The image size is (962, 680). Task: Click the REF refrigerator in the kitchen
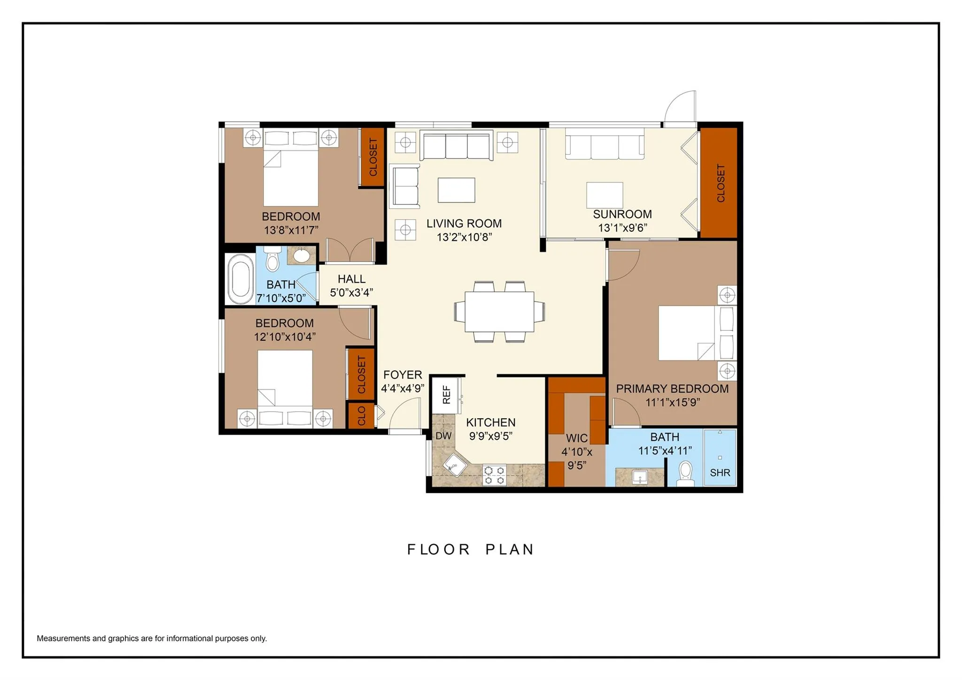[x=446, y=395]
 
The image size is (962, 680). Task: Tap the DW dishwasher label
[x=443, y=436]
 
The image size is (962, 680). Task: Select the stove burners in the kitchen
[x=495, y=475]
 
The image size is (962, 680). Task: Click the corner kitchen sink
[x=455, y=465]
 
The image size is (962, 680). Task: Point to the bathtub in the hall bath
[x=240, y=279]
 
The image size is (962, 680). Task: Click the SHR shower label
[x=720, y=473]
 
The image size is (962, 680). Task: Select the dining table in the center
[x=499, y=312]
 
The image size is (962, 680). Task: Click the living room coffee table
[x=456, y=190]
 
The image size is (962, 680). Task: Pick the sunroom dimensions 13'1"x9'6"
[x=622, y=228]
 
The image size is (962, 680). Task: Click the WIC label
[x=577, y=438]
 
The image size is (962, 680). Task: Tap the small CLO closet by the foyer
[x=361, y=415]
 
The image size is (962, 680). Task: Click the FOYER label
[x=403, y=375]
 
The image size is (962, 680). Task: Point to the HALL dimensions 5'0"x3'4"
[x=351, y=292]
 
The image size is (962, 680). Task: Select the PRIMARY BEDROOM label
[x=672, y=389]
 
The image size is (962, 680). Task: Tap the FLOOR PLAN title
[x=471, y=549]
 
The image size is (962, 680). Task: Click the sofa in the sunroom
[x=605, y=144]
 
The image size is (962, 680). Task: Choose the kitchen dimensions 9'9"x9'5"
[x=491, y=436]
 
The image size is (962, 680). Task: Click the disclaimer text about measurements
[x=152, y=638]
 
